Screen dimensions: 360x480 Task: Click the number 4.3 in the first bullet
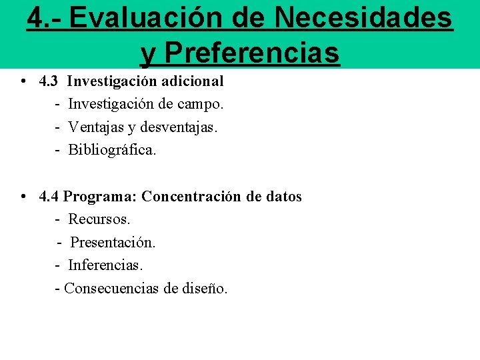[50, 81]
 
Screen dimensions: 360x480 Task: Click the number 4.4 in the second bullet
[50, 197]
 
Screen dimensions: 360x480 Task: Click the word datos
[283, 197]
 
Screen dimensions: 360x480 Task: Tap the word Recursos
[99, 219]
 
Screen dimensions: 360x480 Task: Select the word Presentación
[113, 243]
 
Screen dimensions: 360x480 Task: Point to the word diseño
[205, 289]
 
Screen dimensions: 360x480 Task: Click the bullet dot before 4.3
[23, 81]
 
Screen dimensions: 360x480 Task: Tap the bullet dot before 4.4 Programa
[23, 197]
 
